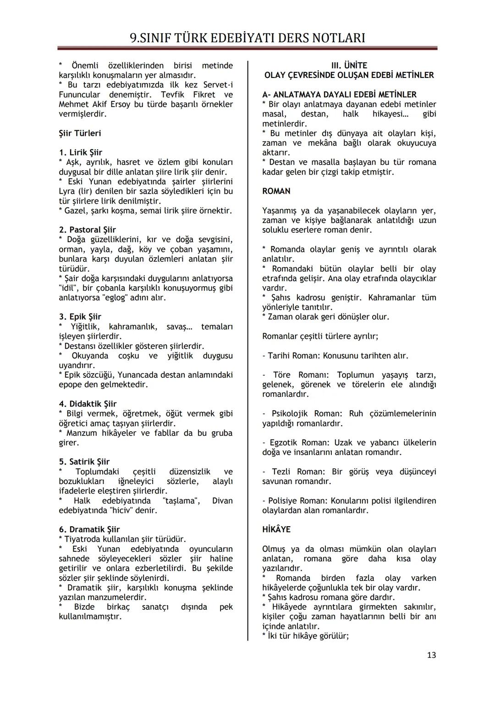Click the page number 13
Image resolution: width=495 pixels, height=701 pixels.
pos(431,655)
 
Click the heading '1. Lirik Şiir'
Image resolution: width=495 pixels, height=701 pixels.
pos(80,152)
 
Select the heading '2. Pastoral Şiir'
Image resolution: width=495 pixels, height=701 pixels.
pos(87,230)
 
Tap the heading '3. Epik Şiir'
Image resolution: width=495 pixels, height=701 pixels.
pos(80,317)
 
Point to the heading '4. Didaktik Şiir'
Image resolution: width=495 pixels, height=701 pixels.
pos(88,404)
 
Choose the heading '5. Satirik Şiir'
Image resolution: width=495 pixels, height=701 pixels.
pos(84,462)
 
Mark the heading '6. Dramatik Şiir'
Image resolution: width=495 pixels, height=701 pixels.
pos(89,529)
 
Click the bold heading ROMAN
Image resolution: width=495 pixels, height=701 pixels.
pos(276,191)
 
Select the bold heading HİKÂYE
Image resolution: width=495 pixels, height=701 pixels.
pos(276,529)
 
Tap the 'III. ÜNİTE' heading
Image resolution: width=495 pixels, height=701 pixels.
pos(349,66)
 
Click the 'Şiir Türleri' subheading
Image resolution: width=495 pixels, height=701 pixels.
pos(80,134)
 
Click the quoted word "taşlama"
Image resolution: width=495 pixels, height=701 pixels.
pos(181,501)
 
